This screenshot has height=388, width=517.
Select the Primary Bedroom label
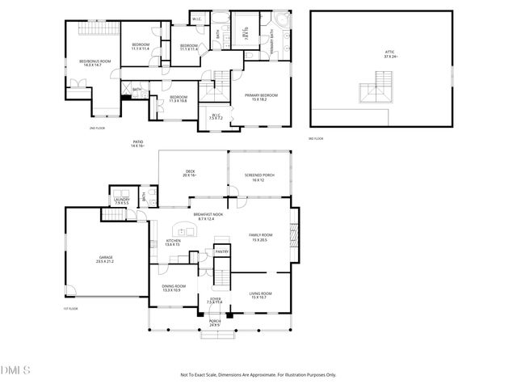click(261, 95)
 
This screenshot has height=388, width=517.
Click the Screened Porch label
click(258, 175)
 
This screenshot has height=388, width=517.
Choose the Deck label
click(190, 172)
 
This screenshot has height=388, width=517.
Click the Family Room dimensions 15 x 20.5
click(259, 240)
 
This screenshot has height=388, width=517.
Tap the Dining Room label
click(174, 286)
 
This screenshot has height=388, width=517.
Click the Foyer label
click(215, 299)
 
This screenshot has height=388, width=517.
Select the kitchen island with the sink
click(185, 226)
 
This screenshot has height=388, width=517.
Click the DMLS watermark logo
click(15, 370)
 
